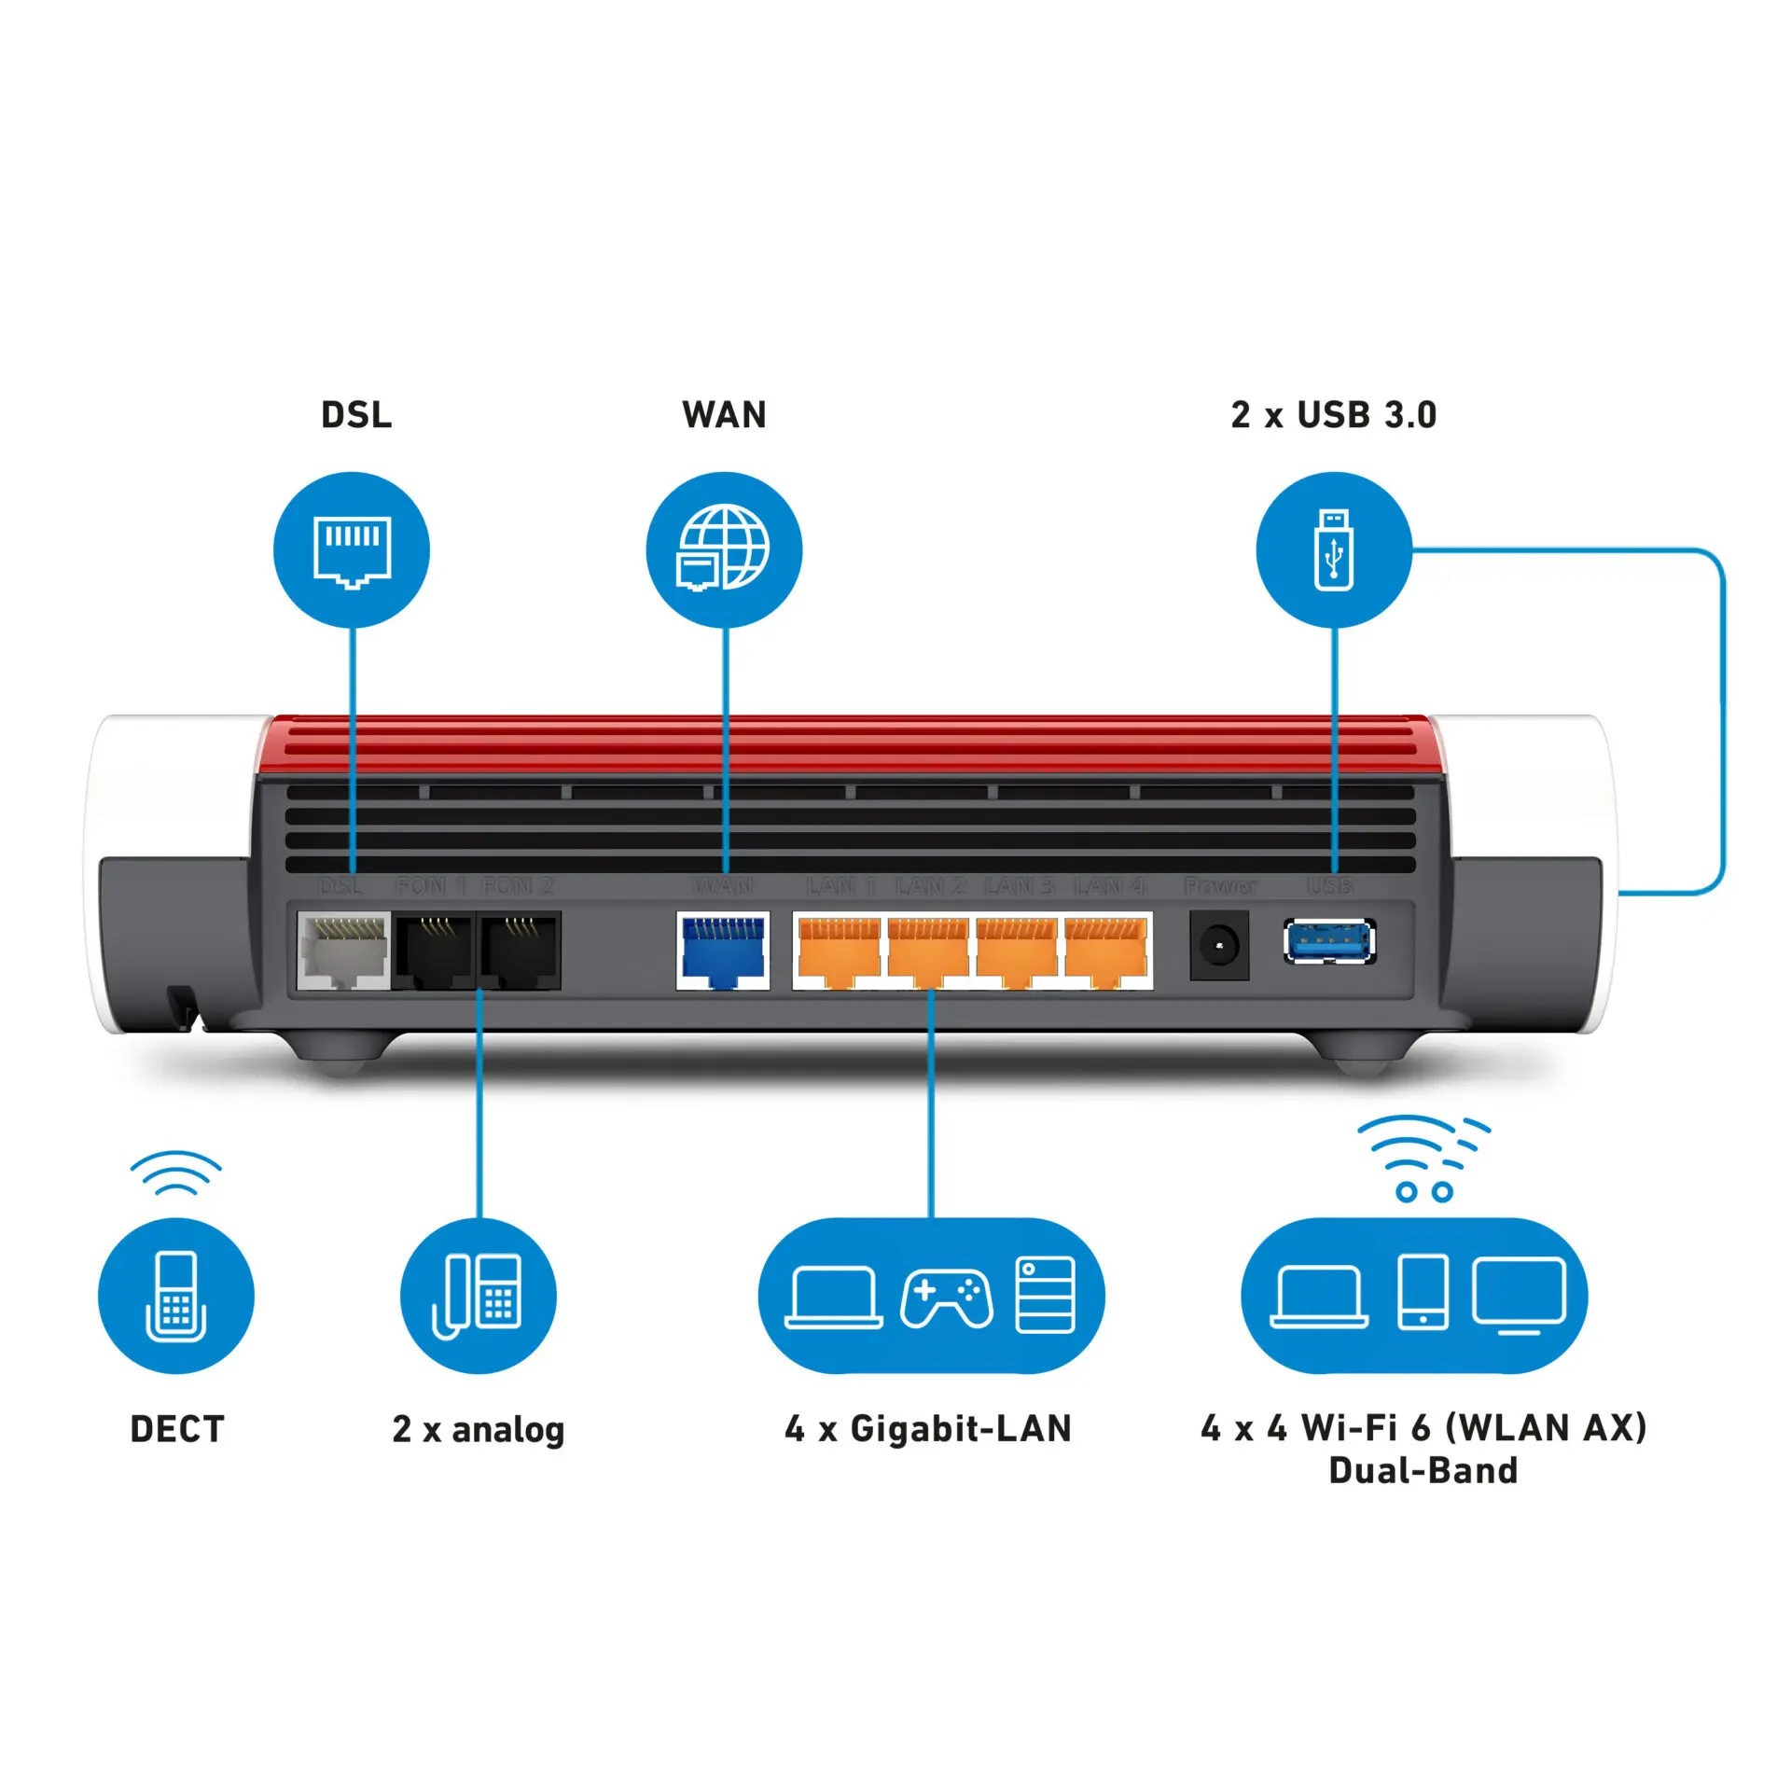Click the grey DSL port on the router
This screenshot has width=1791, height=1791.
pos(343,951)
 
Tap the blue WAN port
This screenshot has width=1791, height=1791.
pos(723,951)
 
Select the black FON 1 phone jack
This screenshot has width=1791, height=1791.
pos(435,951)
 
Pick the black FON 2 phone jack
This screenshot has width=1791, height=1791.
pos(519,951)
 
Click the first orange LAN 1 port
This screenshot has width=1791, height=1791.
pos(839,951)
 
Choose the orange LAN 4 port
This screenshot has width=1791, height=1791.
pos(1105,951)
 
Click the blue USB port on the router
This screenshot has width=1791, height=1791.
pos(1329,942)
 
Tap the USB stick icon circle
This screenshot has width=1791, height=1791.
pos(1334,549)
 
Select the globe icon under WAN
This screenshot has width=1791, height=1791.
pos(724,548)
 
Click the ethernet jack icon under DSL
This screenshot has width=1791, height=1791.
pos(352,550)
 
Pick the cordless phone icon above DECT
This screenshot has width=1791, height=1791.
pos(176,1296)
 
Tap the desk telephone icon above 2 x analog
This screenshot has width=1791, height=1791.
pos(479,1296)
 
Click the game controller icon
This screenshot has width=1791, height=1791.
pos(946,1298)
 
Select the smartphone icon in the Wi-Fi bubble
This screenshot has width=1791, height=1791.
pos(1423,1292)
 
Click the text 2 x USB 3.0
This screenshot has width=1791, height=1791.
pos(1334,415)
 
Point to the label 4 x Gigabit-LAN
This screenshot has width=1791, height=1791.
pos(928,1429)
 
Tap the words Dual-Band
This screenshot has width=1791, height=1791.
pos(1423,1471)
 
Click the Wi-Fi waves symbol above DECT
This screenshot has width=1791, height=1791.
pos(176,1173)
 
